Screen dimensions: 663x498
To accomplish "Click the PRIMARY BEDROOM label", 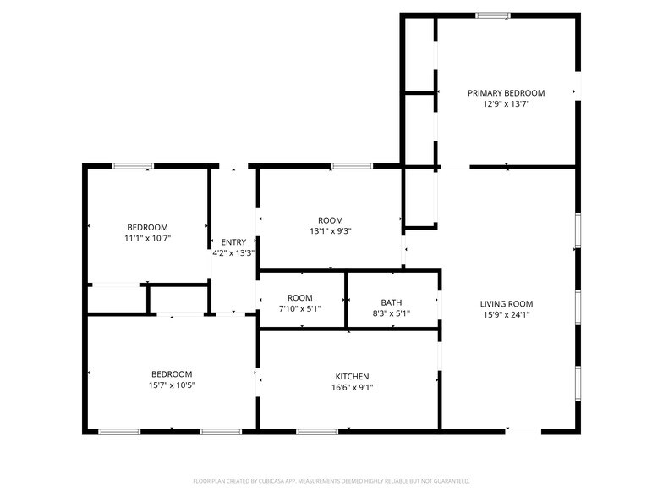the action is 506,93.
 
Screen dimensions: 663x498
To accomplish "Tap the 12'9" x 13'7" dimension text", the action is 506,103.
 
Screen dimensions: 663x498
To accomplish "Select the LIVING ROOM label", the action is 506,303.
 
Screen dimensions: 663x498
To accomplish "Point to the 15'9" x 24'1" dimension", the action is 506,315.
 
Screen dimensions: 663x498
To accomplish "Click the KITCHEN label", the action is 352,376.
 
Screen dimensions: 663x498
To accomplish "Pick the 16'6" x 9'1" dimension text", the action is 352,388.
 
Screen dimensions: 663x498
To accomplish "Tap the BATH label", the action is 391,303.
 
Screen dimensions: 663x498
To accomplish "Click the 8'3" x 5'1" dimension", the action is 391,313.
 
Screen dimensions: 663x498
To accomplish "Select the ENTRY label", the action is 233,242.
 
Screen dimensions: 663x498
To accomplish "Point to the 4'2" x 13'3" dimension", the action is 233,253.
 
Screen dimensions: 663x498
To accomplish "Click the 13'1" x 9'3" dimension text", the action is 331,231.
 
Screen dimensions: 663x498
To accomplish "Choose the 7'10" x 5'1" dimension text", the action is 299,309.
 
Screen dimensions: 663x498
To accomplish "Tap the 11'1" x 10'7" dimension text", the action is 147,239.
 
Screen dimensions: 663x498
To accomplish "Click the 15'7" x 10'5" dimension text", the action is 172,385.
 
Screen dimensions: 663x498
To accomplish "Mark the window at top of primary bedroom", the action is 492,15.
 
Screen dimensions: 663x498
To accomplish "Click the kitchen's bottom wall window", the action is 317,432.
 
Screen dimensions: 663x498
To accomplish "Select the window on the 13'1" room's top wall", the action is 352,166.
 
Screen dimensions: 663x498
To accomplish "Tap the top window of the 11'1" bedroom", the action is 133,166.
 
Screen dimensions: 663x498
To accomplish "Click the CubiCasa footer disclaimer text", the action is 331,481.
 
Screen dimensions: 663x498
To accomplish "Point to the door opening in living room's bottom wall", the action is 523,431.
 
